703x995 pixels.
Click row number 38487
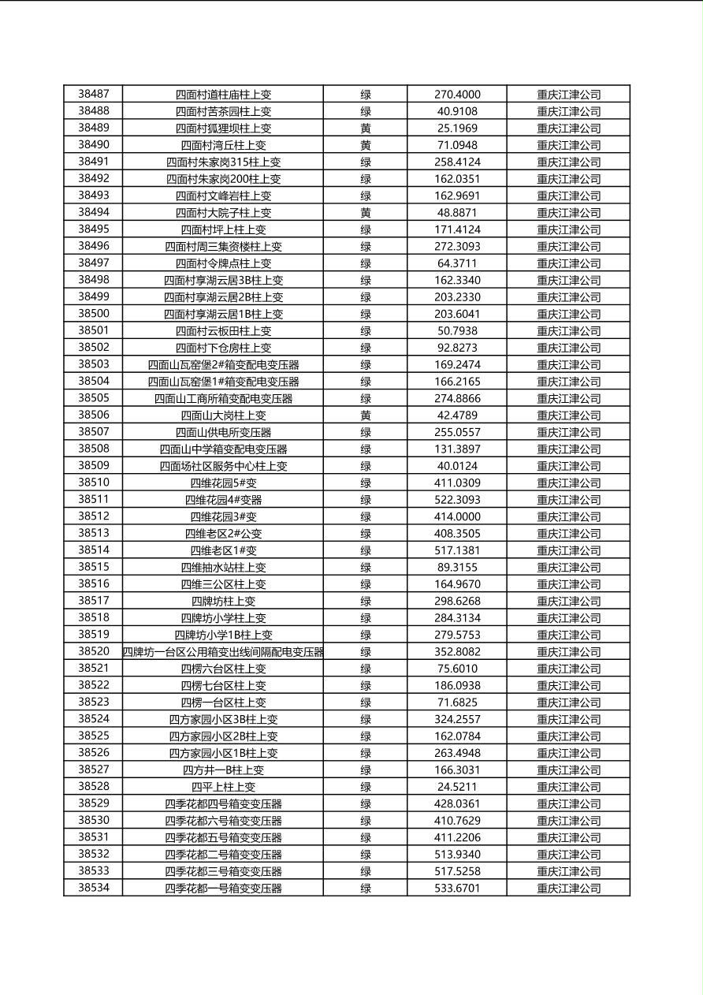(x=94, y=94)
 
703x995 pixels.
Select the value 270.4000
(x=457, y=95)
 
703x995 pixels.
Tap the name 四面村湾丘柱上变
(x=223, y=145)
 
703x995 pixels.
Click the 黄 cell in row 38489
(x=366, y=128)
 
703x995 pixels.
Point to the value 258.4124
(x=457, y=162)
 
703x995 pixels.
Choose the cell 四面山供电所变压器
(x=223, y=432)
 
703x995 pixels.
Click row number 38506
(x=94, y=415)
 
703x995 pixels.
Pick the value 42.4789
(x=457, y=416)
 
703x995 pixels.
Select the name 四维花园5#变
(x=223, y=483)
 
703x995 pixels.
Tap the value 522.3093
(x=457, y=500)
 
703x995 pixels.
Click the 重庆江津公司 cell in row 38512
(x=568, y=516)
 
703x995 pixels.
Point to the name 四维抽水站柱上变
(x=223, y=567)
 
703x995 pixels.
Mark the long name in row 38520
(x=223, y=652)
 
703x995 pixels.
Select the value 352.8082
(x=457, y=652)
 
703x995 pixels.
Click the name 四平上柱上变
(x=223, y=787)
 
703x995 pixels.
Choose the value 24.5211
(x=457, y=787)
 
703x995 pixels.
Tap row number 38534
(x=94, y=888)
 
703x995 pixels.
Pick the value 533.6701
(x=457, y=889)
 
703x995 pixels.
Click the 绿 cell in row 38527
(x=366, y=770)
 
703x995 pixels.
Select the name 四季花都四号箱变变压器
(x=223, y=804)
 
